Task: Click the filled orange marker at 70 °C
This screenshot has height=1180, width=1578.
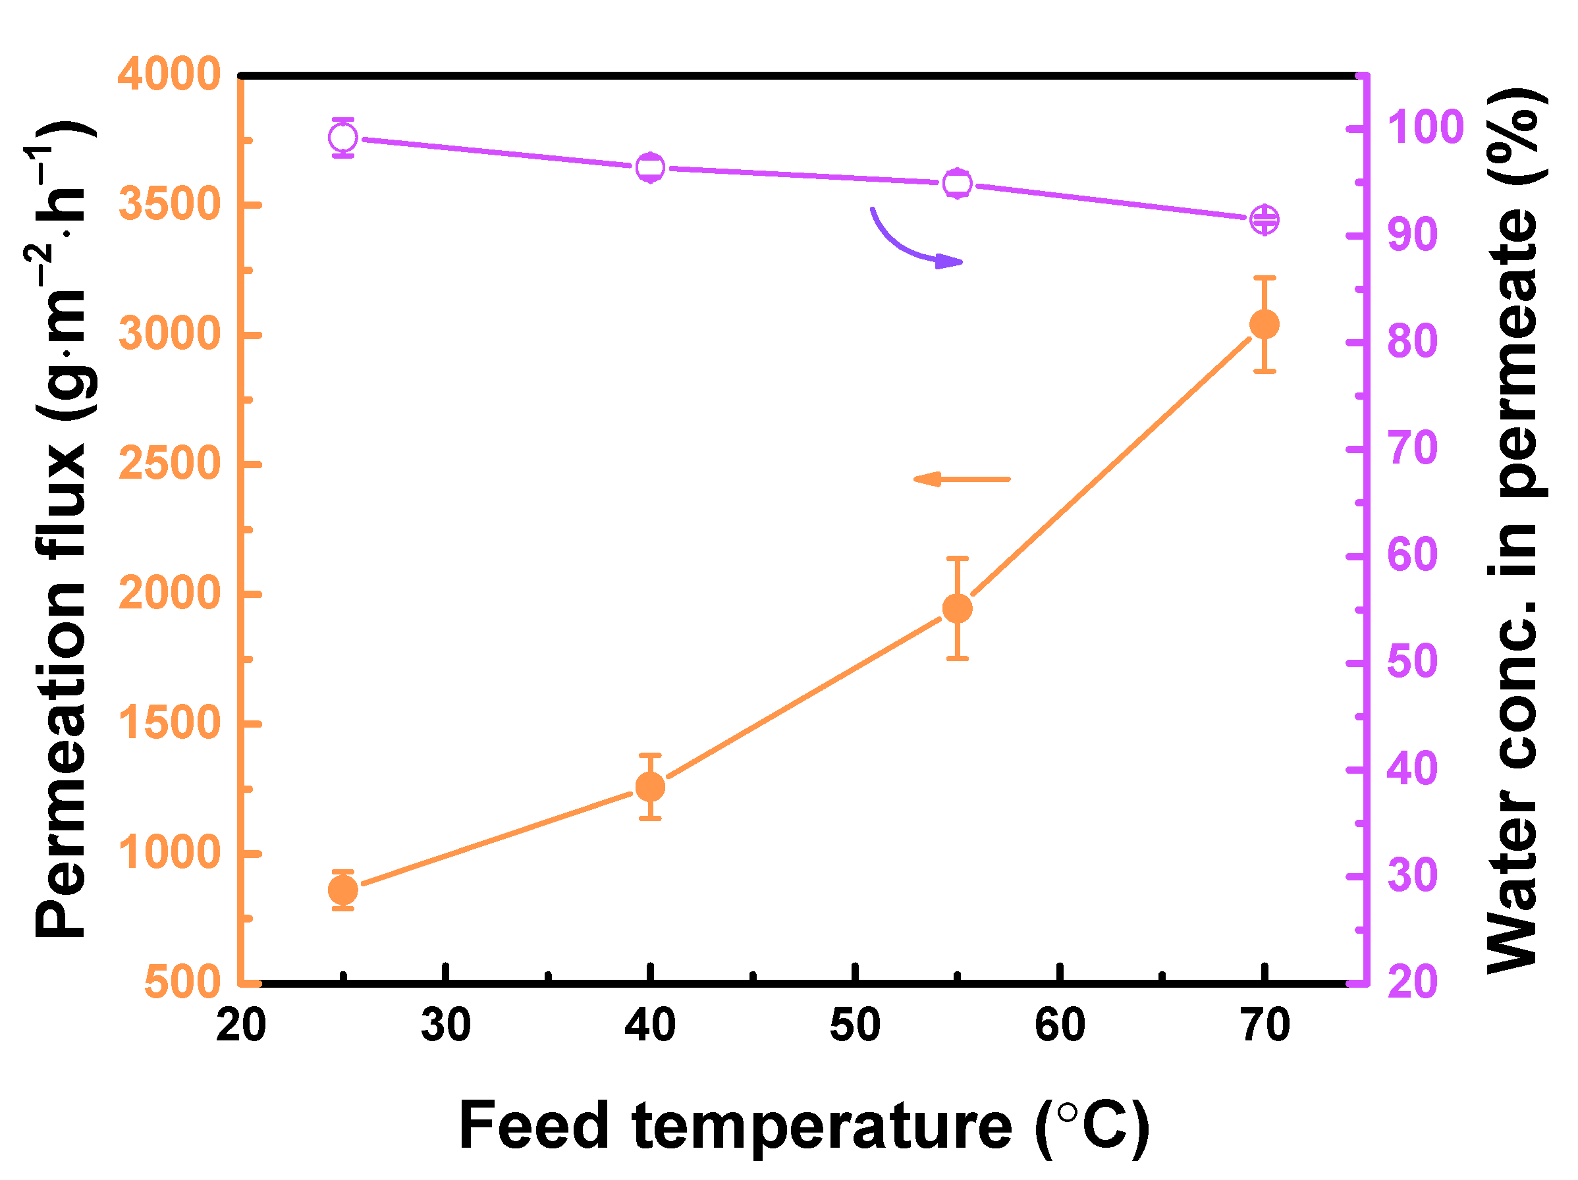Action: (x=1264, y=325)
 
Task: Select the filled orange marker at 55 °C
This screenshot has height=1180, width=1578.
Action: (x=958, y=608)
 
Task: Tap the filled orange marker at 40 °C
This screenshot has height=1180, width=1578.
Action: (x=650, y=787)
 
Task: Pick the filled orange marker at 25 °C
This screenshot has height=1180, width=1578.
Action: (x=343, y=890)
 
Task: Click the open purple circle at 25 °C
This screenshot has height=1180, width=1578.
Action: (x=343, y=137)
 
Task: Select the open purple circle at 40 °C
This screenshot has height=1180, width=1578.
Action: (x=650, y=168)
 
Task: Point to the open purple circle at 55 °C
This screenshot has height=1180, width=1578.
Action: (x=958, y=183)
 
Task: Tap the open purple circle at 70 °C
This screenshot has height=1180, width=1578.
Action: (x=1264, y=219)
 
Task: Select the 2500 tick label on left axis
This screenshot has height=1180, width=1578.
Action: (x=169, y=464)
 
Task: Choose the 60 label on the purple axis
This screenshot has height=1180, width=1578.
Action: (x=1412, y=555)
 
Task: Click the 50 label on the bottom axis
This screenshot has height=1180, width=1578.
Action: (x=855, y=1026)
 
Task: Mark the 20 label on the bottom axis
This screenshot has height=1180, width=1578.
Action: (x=241, y=1026)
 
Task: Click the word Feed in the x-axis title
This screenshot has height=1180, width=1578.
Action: (x=533, y=1126)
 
